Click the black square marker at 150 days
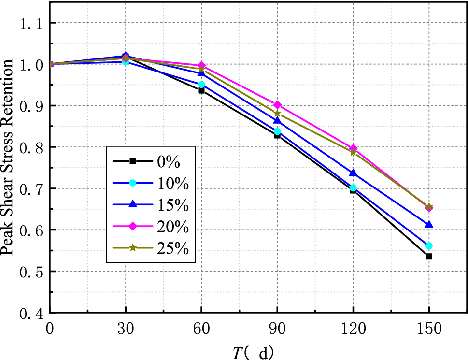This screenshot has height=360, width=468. pos(429,256)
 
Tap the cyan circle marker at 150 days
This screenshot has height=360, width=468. pos(429,246)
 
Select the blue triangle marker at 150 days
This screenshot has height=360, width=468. pos(429,225)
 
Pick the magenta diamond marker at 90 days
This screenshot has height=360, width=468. pos(277,105)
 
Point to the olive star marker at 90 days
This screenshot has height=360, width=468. pos(277,114)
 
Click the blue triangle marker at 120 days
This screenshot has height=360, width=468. pos(353,173)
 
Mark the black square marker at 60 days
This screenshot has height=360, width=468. pos(201,90)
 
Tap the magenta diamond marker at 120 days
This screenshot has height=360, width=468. pos(353,148)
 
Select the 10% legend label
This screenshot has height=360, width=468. pos(172,184)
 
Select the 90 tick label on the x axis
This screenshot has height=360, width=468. pos(277,329)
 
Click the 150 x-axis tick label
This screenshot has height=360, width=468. pos(429,329)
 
